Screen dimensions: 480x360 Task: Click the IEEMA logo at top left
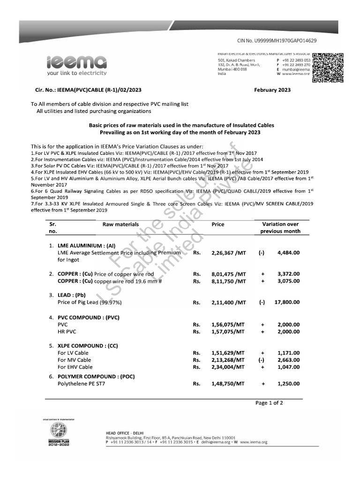[76, 65]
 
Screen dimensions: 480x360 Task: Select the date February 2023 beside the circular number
[272, 90]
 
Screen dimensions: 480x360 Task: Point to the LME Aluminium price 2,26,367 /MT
[228, 252]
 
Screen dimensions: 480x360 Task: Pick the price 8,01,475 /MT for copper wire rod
[228, 274]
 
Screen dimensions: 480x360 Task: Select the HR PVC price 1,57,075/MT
[228, 331]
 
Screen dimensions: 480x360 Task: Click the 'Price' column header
[218, 225]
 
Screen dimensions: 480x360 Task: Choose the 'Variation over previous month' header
[280, 228]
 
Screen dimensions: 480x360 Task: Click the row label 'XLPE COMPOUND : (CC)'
[88, 345]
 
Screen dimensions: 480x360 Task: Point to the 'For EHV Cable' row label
[75, 367]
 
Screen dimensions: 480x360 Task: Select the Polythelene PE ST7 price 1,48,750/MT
[228, 383]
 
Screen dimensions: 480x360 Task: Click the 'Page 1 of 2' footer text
[269, 403]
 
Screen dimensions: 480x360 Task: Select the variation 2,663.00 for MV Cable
[288, 360]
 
